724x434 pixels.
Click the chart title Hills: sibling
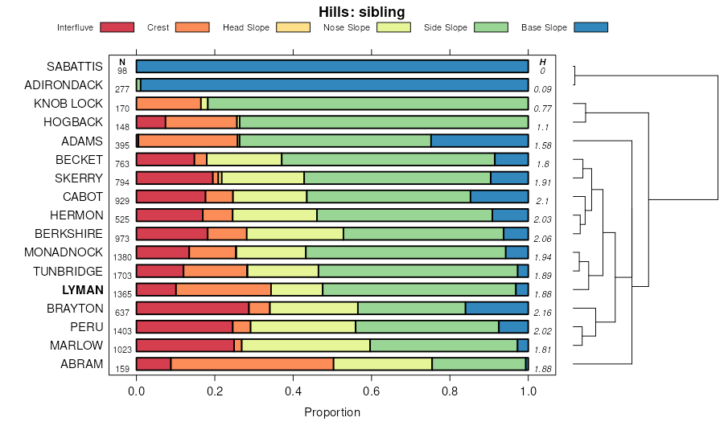click(361, 11)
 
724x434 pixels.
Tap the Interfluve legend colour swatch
click(117, 27)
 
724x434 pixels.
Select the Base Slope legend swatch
click(590, 27)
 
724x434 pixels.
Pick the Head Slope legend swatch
click(294, 27)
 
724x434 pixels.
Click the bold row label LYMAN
click(83, 290)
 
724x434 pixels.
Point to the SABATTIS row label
click(74, 66)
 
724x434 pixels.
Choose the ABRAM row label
click(81, 364)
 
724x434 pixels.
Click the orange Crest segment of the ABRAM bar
click(252, 364)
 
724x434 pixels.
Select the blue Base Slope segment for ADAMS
click(479, 141)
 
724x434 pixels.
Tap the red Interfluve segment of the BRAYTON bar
click(192, 308)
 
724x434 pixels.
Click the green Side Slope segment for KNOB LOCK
click(368, 104)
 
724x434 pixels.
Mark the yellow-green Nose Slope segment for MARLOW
click(306, 346)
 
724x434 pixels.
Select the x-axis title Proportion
click(332, 412)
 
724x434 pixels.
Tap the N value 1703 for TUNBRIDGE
click(122, 276)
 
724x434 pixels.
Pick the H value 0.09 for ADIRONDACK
click(542, 89)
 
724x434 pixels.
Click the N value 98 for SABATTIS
click(122, 72)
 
